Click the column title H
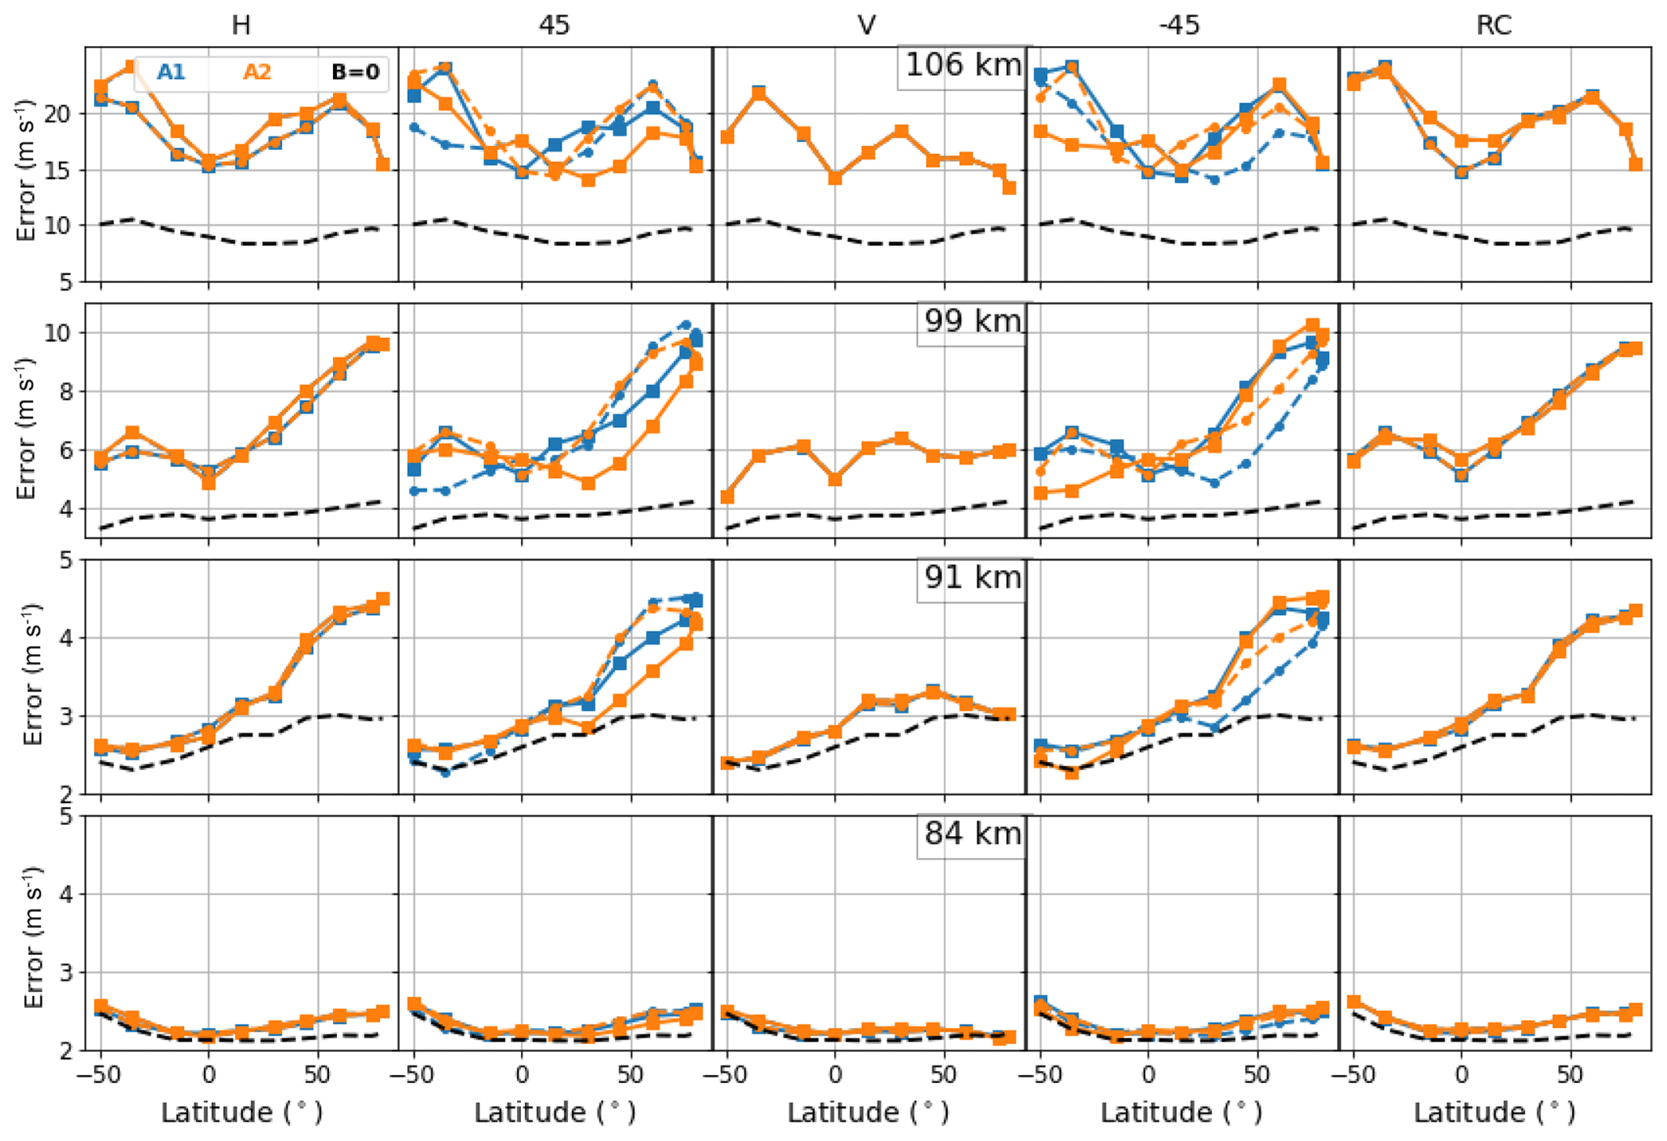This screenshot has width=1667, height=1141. (241, 25)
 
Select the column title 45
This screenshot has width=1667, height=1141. (554, 25)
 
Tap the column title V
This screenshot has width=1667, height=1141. (866, 25)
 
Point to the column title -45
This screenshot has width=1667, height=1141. (1179, 25)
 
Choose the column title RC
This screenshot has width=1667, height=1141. (1493, 25)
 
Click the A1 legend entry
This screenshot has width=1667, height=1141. (171, 73)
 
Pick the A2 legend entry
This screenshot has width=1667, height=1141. (257, 73)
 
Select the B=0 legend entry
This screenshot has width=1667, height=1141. (356, 73)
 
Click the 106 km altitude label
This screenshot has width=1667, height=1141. (963, 65)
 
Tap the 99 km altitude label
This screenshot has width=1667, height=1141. (972, 322)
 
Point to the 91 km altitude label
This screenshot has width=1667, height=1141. (972, 578)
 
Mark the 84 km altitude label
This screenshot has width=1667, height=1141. (972, 834)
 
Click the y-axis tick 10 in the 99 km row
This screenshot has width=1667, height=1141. (58, 333)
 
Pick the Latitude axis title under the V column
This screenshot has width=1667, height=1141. (867, 1113)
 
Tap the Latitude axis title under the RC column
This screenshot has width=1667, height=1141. (1494, 1113)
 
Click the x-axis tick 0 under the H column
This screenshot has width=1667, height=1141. (209, 1075)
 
